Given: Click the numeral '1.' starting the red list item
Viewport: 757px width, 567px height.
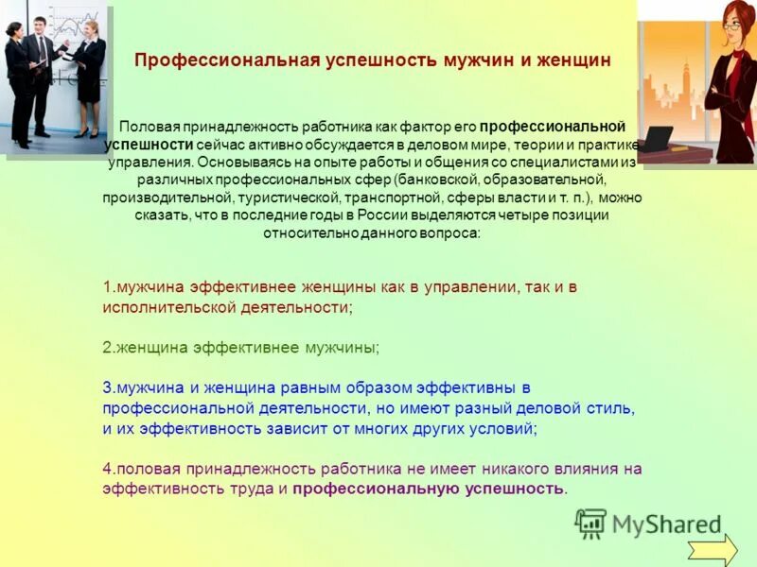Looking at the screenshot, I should tap(108, 287).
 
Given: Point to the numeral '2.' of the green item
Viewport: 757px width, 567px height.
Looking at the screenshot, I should tap(108, 347).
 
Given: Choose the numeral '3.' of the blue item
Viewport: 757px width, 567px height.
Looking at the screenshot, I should tap(108, 387).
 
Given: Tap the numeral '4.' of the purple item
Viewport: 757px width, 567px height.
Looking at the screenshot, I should tap(108, 469).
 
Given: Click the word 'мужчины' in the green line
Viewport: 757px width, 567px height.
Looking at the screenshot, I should tap(341, 347).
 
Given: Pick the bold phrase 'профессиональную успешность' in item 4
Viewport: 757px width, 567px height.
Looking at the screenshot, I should tap(428, 489).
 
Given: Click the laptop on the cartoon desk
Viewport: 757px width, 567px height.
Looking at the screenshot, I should tap(655, 138).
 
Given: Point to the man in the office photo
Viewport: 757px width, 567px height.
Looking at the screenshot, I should tap(39, 76).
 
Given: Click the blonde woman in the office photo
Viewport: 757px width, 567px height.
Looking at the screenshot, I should tap(89, 76).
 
